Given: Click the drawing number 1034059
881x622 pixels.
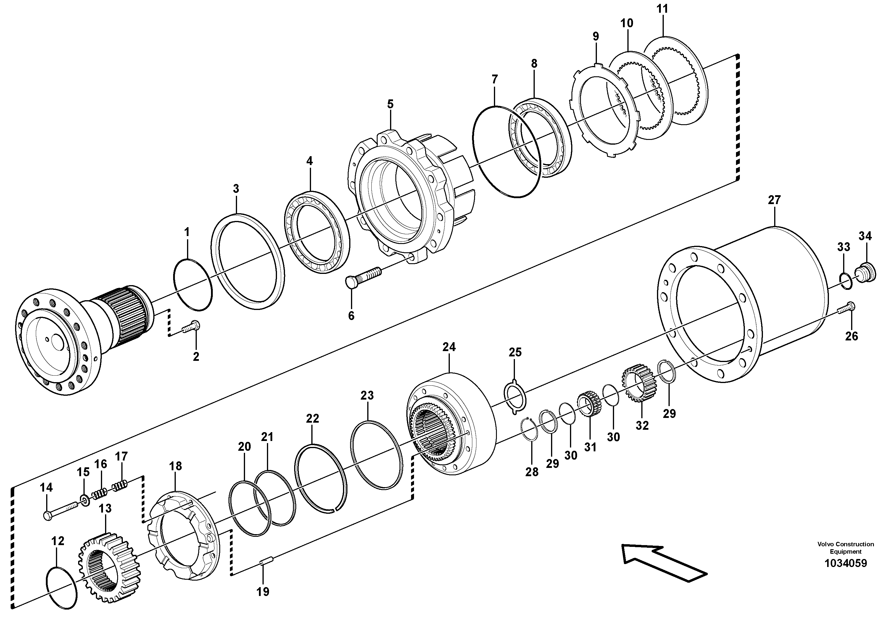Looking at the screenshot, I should pyautogui.click(x=845, y=563).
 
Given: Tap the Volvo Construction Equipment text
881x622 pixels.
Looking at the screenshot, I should pyautogui.click(x=845, y=547).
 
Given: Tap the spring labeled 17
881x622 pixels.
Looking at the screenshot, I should pyautogui.click(x=121, y=486).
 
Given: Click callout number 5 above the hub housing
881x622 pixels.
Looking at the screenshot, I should pyautogui.click(x=390, y=104).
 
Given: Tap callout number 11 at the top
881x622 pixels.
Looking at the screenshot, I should pyautogui.click(x=662, y=9).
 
